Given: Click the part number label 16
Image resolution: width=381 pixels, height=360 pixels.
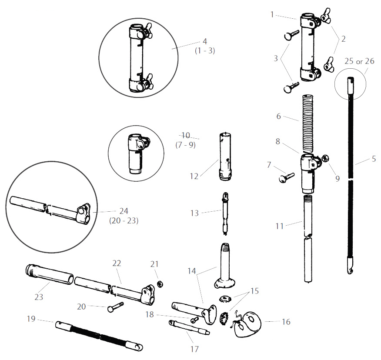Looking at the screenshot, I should point(286,322).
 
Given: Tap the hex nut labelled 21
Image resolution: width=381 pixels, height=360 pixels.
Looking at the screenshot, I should point(159,284).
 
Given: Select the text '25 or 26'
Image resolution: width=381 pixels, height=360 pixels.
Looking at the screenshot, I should point(359,61).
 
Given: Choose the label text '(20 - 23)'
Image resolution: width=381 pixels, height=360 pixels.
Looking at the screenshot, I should point(124,220).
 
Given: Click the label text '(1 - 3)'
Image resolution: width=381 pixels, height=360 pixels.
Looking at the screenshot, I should point(205,50).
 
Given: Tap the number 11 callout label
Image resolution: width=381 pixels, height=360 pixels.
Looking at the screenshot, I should point(279,226).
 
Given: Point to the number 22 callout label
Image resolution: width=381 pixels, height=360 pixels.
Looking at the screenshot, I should point(117,263).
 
